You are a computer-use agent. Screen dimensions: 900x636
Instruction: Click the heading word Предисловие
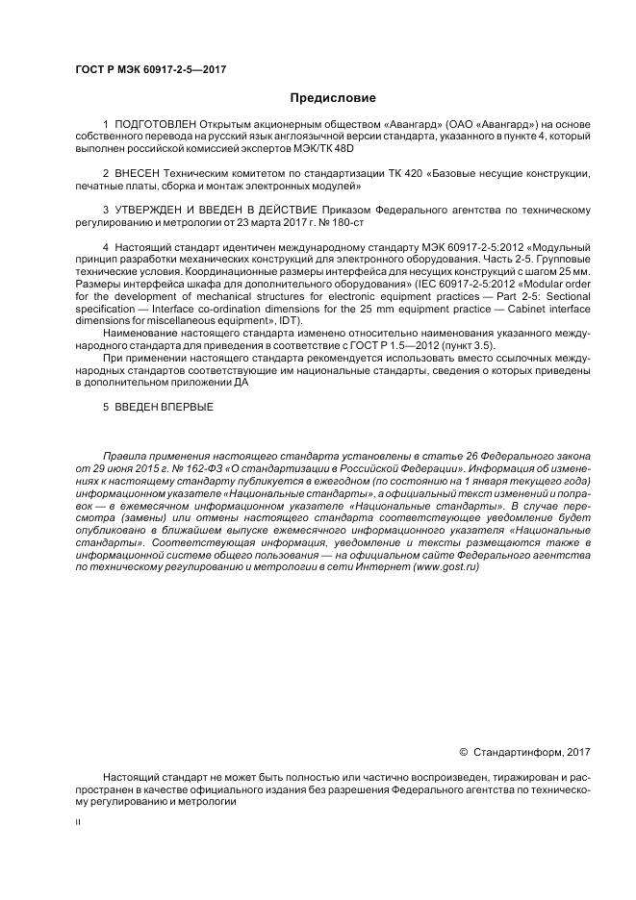coord(333,97)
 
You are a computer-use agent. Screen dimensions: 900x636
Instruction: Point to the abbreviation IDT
coord(288,320)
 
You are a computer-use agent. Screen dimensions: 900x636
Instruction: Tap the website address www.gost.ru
coord(445,568)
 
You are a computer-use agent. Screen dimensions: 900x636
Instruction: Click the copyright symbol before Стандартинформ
coord(463,752)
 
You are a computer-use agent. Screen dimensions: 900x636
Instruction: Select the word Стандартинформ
coord(517,752)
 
